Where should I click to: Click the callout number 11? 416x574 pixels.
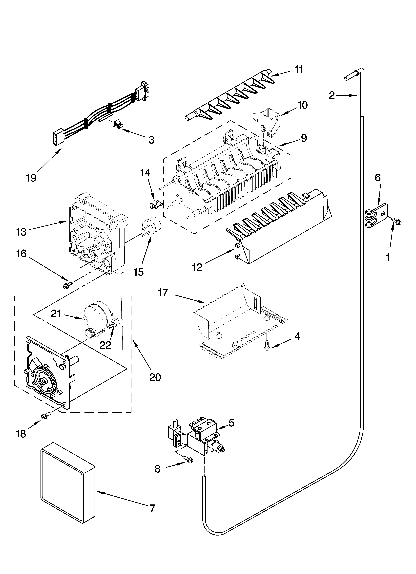click(299, 69)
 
